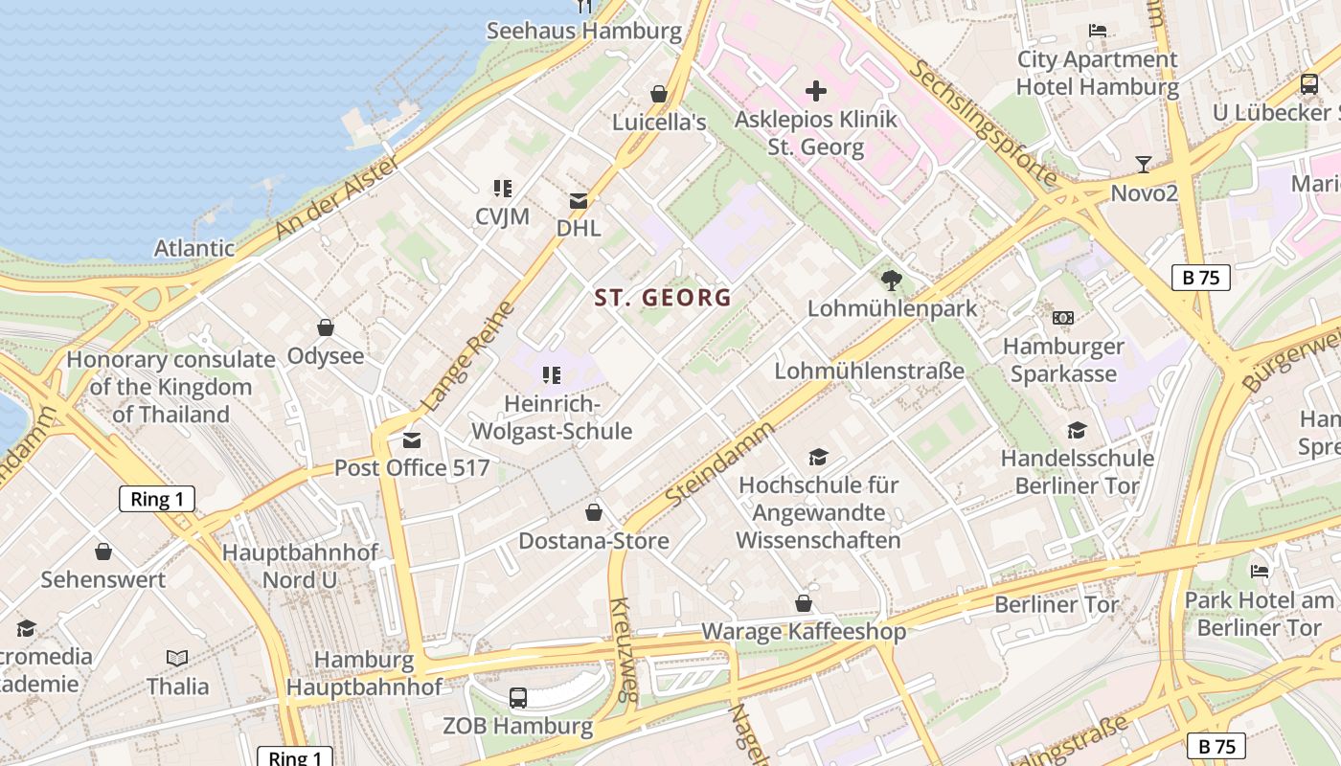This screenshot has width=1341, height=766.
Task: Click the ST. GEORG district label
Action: click(663, 298)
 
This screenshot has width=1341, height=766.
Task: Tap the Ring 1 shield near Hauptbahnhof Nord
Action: click(157, 499)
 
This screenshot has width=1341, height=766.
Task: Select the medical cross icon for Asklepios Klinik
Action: click(816, 91)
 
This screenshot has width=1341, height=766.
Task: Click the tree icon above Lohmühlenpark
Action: click(892, 281)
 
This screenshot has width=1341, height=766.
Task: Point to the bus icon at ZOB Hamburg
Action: click(518, 697)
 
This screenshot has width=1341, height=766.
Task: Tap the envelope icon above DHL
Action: click(579, 201)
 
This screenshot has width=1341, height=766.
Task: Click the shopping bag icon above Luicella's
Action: click(659, 94)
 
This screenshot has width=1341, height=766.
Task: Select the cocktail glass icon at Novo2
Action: click(1143, 165)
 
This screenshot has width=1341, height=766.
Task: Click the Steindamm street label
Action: click(719, 464)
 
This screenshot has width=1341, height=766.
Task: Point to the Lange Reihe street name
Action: click(468, 356)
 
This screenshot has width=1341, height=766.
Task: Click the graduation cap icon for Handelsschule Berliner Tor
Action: click(1078, 430)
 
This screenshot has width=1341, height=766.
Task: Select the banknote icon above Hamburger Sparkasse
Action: click(1062, 318)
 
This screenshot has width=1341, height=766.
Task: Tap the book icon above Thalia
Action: click(177, 658)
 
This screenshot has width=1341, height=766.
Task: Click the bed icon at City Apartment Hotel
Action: click(1098, 32)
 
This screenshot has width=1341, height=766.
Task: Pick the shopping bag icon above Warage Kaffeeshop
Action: click(804, 603)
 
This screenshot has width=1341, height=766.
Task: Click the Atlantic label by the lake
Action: click(194, 248)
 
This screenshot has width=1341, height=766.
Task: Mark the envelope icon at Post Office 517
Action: click(412, 440)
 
